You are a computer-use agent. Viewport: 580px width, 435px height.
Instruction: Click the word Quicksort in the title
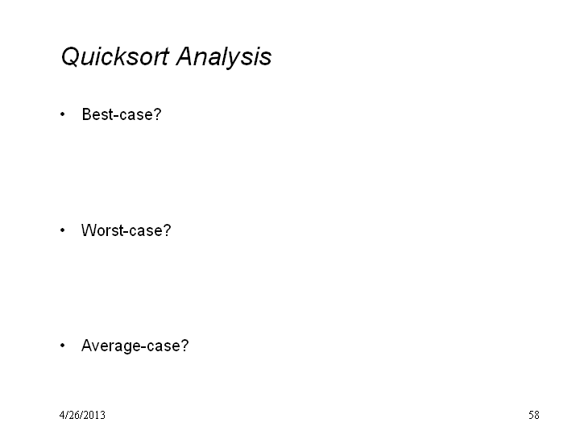(x=115, y=57)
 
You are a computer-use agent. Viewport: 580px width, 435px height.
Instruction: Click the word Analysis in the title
(x=224, y=57)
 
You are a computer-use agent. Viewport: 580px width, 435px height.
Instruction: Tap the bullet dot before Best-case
(x=62, y=114)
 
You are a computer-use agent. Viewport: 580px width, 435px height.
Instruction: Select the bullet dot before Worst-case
(x=62, y=230)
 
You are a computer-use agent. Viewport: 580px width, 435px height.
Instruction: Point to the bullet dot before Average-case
(x=62, y=346)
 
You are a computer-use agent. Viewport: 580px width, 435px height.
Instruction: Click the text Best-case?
(x=122, y=114)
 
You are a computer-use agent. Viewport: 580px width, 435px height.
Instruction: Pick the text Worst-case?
(x=126, y=230)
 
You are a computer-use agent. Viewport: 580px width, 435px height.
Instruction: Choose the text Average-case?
(x=135, y=346)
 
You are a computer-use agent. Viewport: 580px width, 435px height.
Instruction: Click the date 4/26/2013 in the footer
(x=82, y=415)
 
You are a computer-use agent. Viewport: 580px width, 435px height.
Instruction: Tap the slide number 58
(x=534, y=415)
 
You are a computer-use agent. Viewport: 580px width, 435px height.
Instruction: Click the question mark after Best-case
(x=158, y=114)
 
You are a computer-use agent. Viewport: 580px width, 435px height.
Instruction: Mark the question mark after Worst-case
(x=168, y=230)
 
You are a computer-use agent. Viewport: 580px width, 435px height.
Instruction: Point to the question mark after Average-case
(x=184, y=346)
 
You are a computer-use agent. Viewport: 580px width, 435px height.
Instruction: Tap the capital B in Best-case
(x=86, y=114)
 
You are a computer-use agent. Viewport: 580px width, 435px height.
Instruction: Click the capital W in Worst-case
(x=89, y=230)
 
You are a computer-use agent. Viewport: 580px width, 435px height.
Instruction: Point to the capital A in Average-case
(x=87, y=346)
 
